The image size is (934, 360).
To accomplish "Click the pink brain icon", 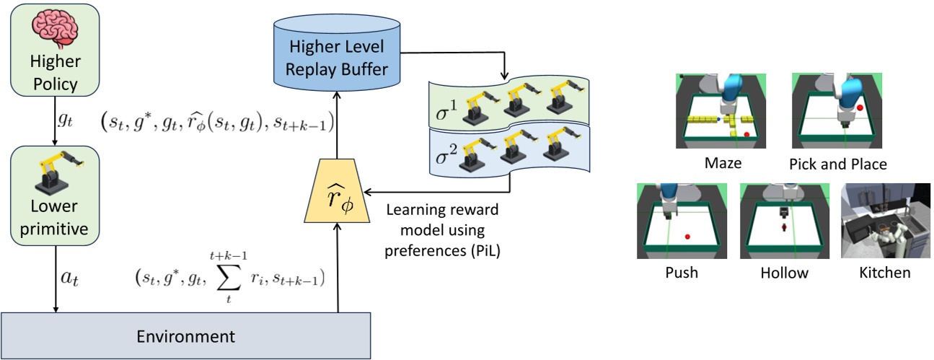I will (x=55, y=26).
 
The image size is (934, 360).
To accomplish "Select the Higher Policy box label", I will (x=55, y=74).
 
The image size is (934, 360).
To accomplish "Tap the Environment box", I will (x=186, y=336).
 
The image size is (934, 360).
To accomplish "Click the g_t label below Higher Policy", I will (x=67, y=124).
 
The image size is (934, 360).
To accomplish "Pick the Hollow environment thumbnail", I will (x=783, y=221).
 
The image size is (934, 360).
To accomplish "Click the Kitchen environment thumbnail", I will (x=884, y=221).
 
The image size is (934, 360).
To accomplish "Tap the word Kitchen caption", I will (x=884, y=273).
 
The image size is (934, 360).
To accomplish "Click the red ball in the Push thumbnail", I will (x=689, y=236).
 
